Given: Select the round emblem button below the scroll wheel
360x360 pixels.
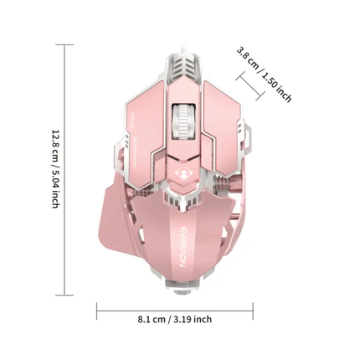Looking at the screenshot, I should (x=180, y=166).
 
